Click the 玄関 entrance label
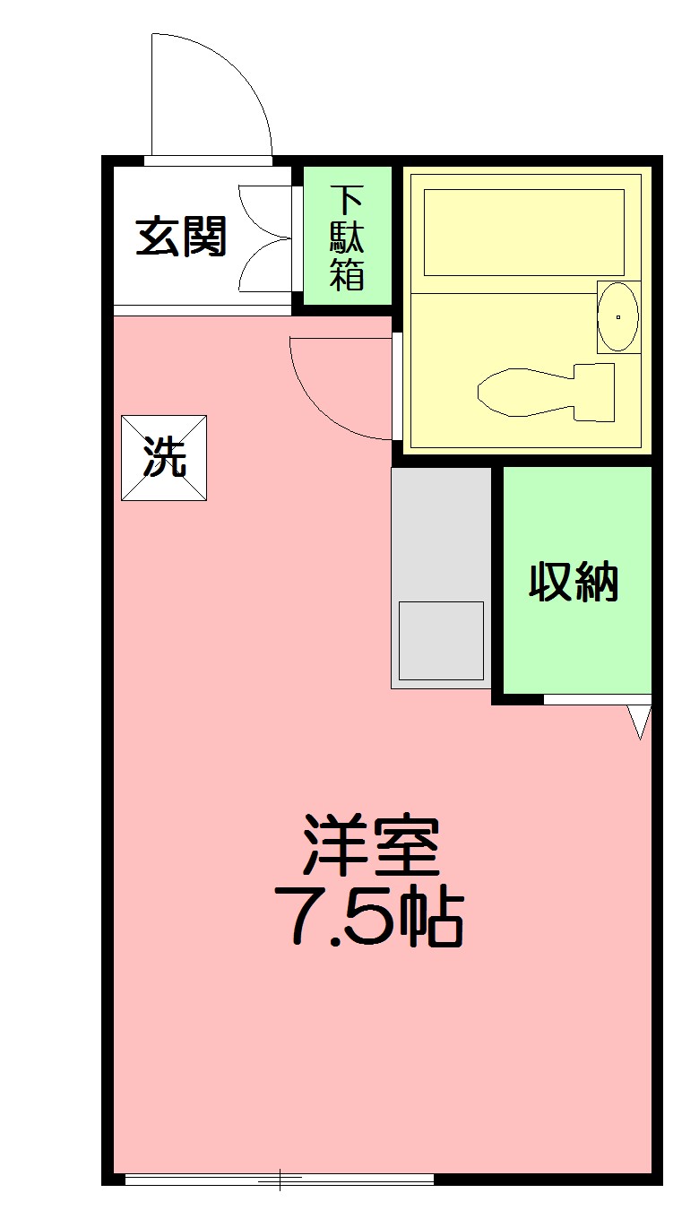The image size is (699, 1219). (x=181, y=238)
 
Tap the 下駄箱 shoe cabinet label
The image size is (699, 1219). (x=347, y=238)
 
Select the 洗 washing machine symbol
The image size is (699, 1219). (x=164, y=457)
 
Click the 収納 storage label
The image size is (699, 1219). (x=574, y=583)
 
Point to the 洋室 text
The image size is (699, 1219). (x=371, y=845)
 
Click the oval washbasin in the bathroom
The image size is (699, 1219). (x=618, y=316)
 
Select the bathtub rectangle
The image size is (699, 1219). (x=523, y=232)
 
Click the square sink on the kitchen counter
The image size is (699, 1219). (x=441, y=640)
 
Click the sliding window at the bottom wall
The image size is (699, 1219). (x=280, y=1180)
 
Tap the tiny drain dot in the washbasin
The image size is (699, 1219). (x=618, y=316)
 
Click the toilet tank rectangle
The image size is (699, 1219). (x=593, y=393)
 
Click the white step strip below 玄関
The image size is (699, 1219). (x=203, y=310)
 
